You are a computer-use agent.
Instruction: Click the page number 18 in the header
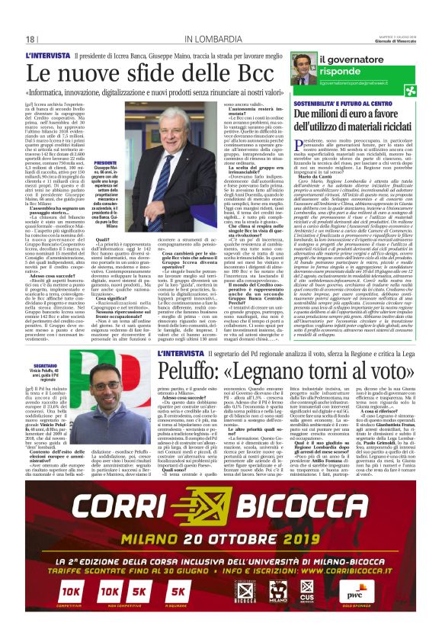(x=30, y=39)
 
